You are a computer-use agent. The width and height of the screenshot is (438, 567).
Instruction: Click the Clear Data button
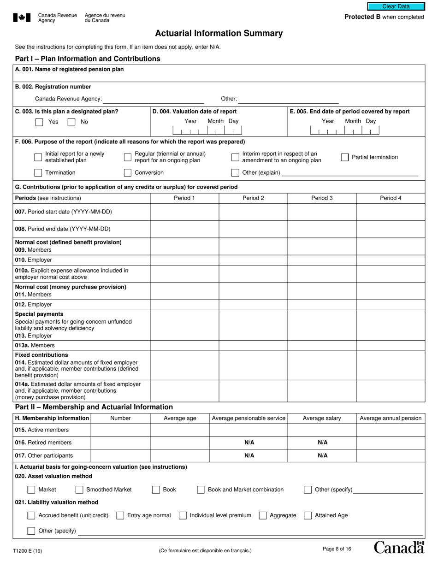point(396,6)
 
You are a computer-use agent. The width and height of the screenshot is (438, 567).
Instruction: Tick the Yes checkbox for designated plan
point(39,122)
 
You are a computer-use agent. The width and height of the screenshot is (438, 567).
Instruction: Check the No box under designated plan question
point(71,122)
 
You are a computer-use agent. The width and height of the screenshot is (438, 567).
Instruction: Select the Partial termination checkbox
point(345,157)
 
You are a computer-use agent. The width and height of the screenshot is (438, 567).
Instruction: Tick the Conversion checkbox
point(128,173)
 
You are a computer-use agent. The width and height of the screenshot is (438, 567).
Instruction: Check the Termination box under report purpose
point(38,173)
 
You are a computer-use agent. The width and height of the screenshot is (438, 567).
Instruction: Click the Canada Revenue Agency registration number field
point(153,99)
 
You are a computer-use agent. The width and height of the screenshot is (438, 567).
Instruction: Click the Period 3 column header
point(322,198)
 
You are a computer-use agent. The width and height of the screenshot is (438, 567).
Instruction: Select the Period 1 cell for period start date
point(184,212)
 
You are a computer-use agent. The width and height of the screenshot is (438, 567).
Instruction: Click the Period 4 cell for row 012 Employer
point(391,305)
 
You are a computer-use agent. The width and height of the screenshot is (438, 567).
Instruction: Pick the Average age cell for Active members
point(180,430)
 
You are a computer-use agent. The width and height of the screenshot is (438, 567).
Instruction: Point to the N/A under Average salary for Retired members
point(322,443)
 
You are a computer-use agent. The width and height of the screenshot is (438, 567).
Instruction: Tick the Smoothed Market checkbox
point(79,490)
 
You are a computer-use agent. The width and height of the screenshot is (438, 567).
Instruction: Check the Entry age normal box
point(120,515)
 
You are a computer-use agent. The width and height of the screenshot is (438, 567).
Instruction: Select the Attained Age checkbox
point(308,515)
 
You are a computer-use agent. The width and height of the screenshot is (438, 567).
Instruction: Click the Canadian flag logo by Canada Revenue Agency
point(22,18)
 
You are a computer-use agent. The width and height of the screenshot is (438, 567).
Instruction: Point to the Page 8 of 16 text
point(337,549)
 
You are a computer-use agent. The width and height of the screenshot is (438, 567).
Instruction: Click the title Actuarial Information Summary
point(219,33)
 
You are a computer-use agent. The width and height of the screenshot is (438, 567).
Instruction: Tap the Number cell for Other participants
point(120,455)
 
